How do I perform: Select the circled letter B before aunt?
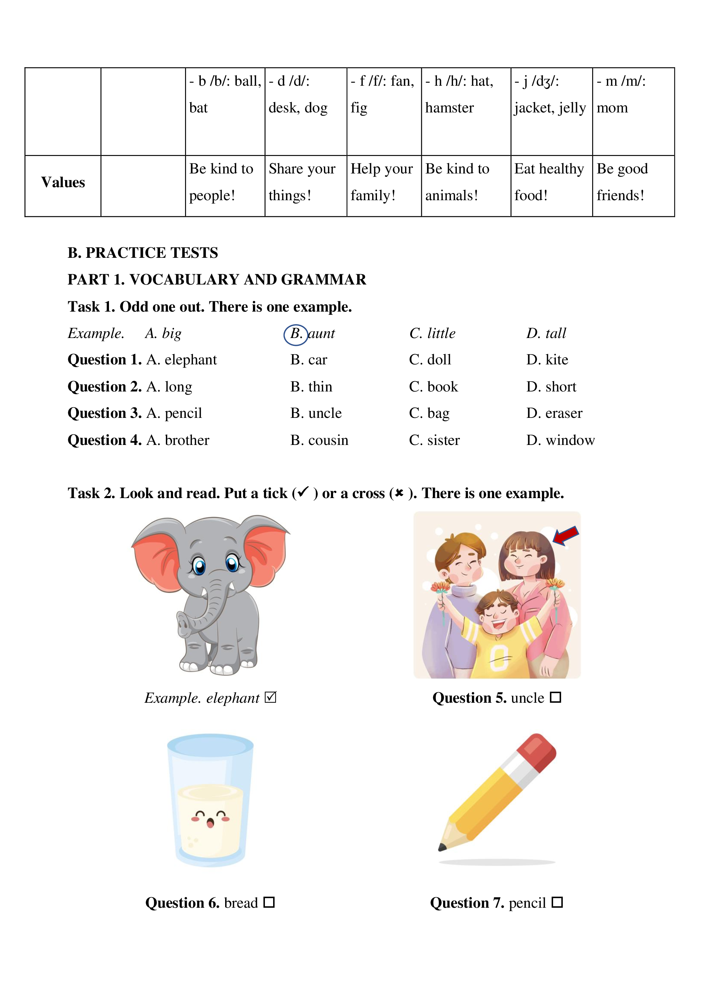click(296, 334)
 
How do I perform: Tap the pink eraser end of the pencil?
click(537, 750)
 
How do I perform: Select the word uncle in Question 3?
click(325, 413)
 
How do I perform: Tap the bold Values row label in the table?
click(63, 182)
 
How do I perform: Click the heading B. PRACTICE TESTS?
click(143, 253)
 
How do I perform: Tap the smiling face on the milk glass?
click(210, 818)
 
